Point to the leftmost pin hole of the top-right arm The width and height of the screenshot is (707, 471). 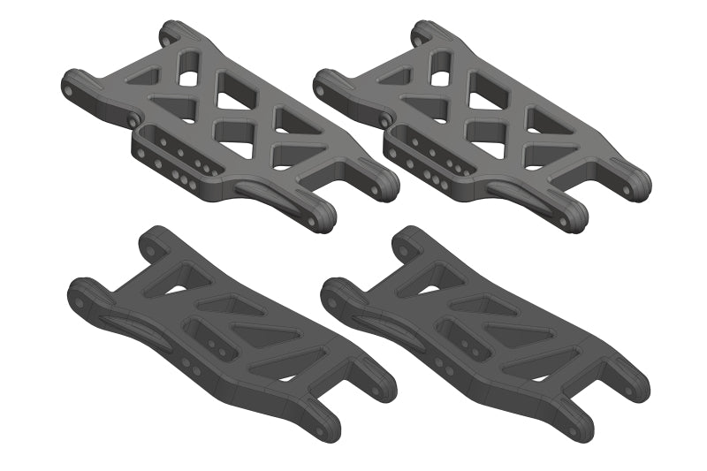click(x=321, y=87)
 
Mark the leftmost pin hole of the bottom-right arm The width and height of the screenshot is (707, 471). click(x=332, y=298)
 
